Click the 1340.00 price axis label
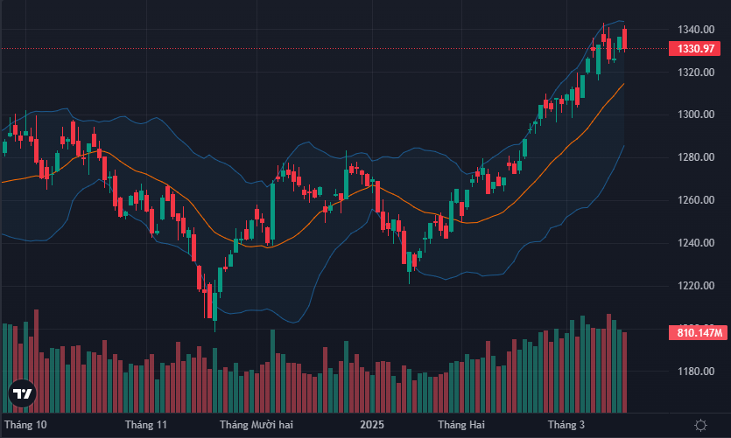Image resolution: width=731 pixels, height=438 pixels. click(x=695, y=30)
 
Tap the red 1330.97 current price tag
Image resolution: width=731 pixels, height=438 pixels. click(x=697, y=49)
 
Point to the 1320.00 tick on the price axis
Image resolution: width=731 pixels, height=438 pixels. click(x=695, y=73)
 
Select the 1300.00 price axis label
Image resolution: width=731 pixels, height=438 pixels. click(x=695, y=115)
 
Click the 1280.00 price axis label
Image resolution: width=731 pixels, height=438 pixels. click(x=695, y=158)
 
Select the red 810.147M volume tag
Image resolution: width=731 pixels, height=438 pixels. click(x=699, y=333)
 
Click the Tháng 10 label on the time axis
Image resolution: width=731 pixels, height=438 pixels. click(x=25, y=426)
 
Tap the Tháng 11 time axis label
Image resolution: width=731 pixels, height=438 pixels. click(x=145, y=426)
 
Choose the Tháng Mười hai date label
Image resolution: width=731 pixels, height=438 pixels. click(x=255, y=426)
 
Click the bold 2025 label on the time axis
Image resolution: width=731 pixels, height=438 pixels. click(x=372, y=426)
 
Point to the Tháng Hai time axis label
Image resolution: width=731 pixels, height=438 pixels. click(x=461, y=426)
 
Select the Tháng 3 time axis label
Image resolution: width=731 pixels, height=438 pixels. click(x=566, y=426)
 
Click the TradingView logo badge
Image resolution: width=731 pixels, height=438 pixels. click(x=22, y=395)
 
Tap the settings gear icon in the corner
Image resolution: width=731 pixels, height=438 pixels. click(x=699, y=426)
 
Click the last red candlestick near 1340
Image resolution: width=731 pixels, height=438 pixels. click(x=624, y=38)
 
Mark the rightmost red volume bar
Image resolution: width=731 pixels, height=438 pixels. click(x=624, y=372)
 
